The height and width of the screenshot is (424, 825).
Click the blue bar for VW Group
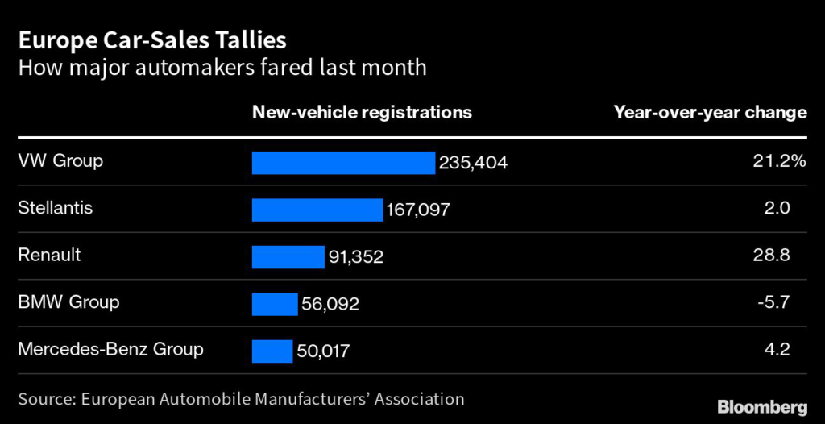pos(343,163)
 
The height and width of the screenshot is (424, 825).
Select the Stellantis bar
pos(317,210)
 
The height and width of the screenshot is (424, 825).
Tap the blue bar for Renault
pos(288,257)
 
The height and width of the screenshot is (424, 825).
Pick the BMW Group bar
pos(275,304)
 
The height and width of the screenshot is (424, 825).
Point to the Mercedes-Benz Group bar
pos(272,351)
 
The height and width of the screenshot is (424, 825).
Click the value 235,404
pos(473,163)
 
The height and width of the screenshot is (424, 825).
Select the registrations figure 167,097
pos(417,210)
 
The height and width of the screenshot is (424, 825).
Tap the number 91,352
pos(355,257)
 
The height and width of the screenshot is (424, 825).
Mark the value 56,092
pos(330,305)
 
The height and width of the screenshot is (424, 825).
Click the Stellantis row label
pos(55,208)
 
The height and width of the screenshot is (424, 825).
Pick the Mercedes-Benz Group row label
pos(110,350)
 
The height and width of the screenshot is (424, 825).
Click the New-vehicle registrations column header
pos(362,113)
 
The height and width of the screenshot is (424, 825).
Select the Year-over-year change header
pos(710,113)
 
